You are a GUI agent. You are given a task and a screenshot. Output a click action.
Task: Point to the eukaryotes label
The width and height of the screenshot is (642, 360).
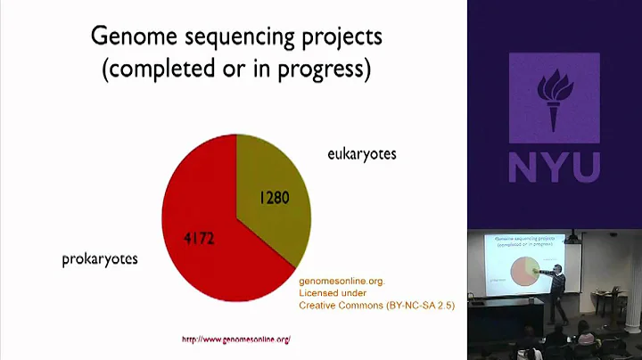[x=362, y=154]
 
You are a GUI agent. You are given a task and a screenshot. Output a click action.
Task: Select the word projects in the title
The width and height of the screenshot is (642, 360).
[x=342, y=39]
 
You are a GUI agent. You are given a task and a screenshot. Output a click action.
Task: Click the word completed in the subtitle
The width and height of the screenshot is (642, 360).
[x=158, y=70]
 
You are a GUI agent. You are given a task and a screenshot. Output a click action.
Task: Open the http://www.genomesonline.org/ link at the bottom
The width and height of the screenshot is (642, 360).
[x=236, y=340]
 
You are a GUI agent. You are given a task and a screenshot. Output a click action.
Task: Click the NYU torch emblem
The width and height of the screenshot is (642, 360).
[x=554, y=102]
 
